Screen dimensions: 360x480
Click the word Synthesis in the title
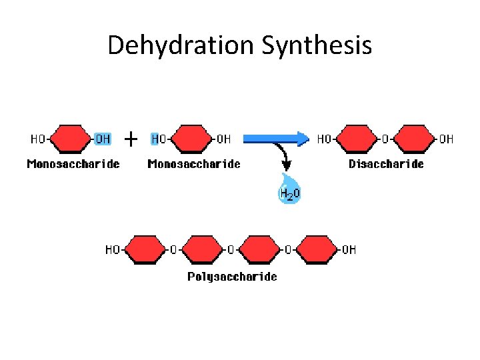pos(317,45)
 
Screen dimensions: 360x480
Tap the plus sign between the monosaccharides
pos(131,139)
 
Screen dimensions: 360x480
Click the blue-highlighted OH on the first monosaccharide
pos(103,139)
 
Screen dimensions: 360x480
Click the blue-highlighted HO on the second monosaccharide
pos(159,139)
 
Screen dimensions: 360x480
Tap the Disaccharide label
pos(386,163)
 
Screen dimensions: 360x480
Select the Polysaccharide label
pos(232,276)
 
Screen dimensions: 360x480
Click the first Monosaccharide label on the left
pos(73,163)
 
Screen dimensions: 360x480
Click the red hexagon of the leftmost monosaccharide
pos(70,139)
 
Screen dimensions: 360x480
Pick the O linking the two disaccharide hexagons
pos(385,139)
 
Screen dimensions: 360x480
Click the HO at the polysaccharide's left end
pos(113,249)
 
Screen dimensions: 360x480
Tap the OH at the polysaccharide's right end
pos(349,249)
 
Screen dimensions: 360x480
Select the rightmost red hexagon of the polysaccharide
pos(316,249)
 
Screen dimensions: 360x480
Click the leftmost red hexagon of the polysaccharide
pos(144,249)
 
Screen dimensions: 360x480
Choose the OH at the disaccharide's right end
pos(446,139)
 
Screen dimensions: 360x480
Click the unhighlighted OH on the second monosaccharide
pos(223,139)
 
